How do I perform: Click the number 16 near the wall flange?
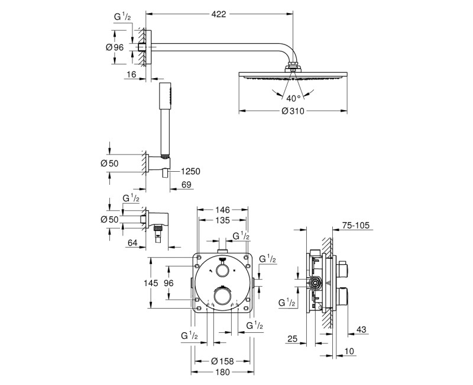[131, 75]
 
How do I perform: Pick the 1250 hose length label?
[190, 171]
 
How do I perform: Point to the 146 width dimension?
[222, 210]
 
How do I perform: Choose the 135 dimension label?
[222, 220]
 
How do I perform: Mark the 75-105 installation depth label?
[355, 225]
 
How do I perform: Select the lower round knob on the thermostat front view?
[222, 296]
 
